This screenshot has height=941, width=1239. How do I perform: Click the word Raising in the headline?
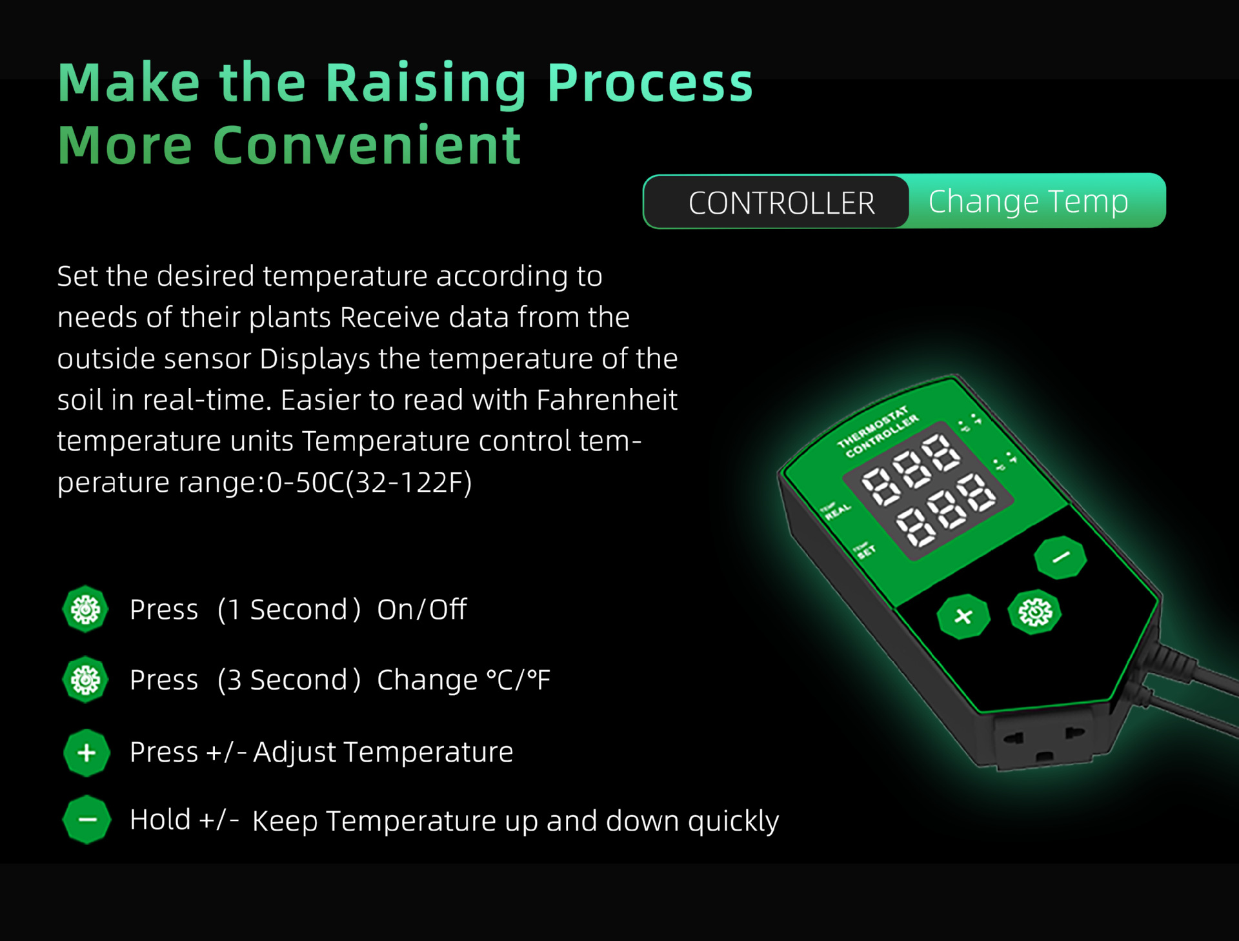(426, 83)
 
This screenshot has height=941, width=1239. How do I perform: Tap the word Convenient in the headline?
(367, 145)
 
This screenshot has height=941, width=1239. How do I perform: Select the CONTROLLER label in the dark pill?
(781, 203)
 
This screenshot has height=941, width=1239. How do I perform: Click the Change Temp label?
(1028, 202)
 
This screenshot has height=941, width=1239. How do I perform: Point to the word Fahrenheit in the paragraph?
(607, 400)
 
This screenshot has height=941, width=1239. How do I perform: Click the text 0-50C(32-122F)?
(369, 482)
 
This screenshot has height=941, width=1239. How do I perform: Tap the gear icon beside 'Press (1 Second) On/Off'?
(85, 609)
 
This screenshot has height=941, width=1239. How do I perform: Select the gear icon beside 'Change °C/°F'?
(85, 680)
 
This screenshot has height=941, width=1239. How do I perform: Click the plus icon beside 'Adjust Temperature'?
(86, 753)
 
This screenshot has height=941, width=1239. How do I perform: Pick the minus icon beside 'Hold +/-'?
(86, 820)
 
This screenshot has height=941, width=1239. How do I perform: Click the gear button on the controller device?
(1035, 612)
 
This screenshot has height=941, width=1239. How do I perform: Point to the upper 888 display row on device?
(911, 469)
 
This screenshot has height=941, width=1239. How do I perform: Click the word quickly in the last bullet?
(733, 822)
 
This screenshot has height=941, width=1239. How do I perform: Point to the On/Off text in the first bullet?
(421, 609)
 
